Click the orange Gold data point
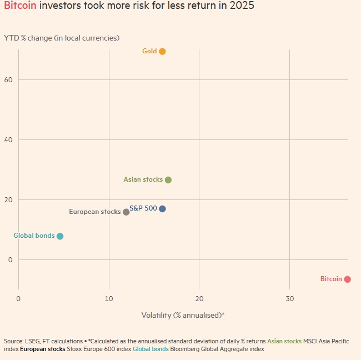162,52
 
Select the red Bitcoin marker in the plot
347,279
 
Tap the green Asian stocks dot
168,180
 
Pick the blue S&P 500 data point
162,209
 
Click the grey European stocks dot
126,212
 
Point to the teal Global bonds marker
60,236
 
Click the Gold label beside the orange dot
149,51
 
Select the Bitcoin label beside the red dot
331,279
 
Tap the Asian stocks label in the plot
143,179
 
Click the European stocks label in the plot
94,212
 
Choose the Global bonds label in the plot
34,236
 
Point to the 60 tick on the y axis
8,80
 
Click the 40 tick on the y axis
8,140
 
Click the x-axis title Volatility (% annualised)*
183,315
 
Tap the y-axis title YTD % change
62,38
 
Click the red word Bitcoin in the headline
20,7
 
